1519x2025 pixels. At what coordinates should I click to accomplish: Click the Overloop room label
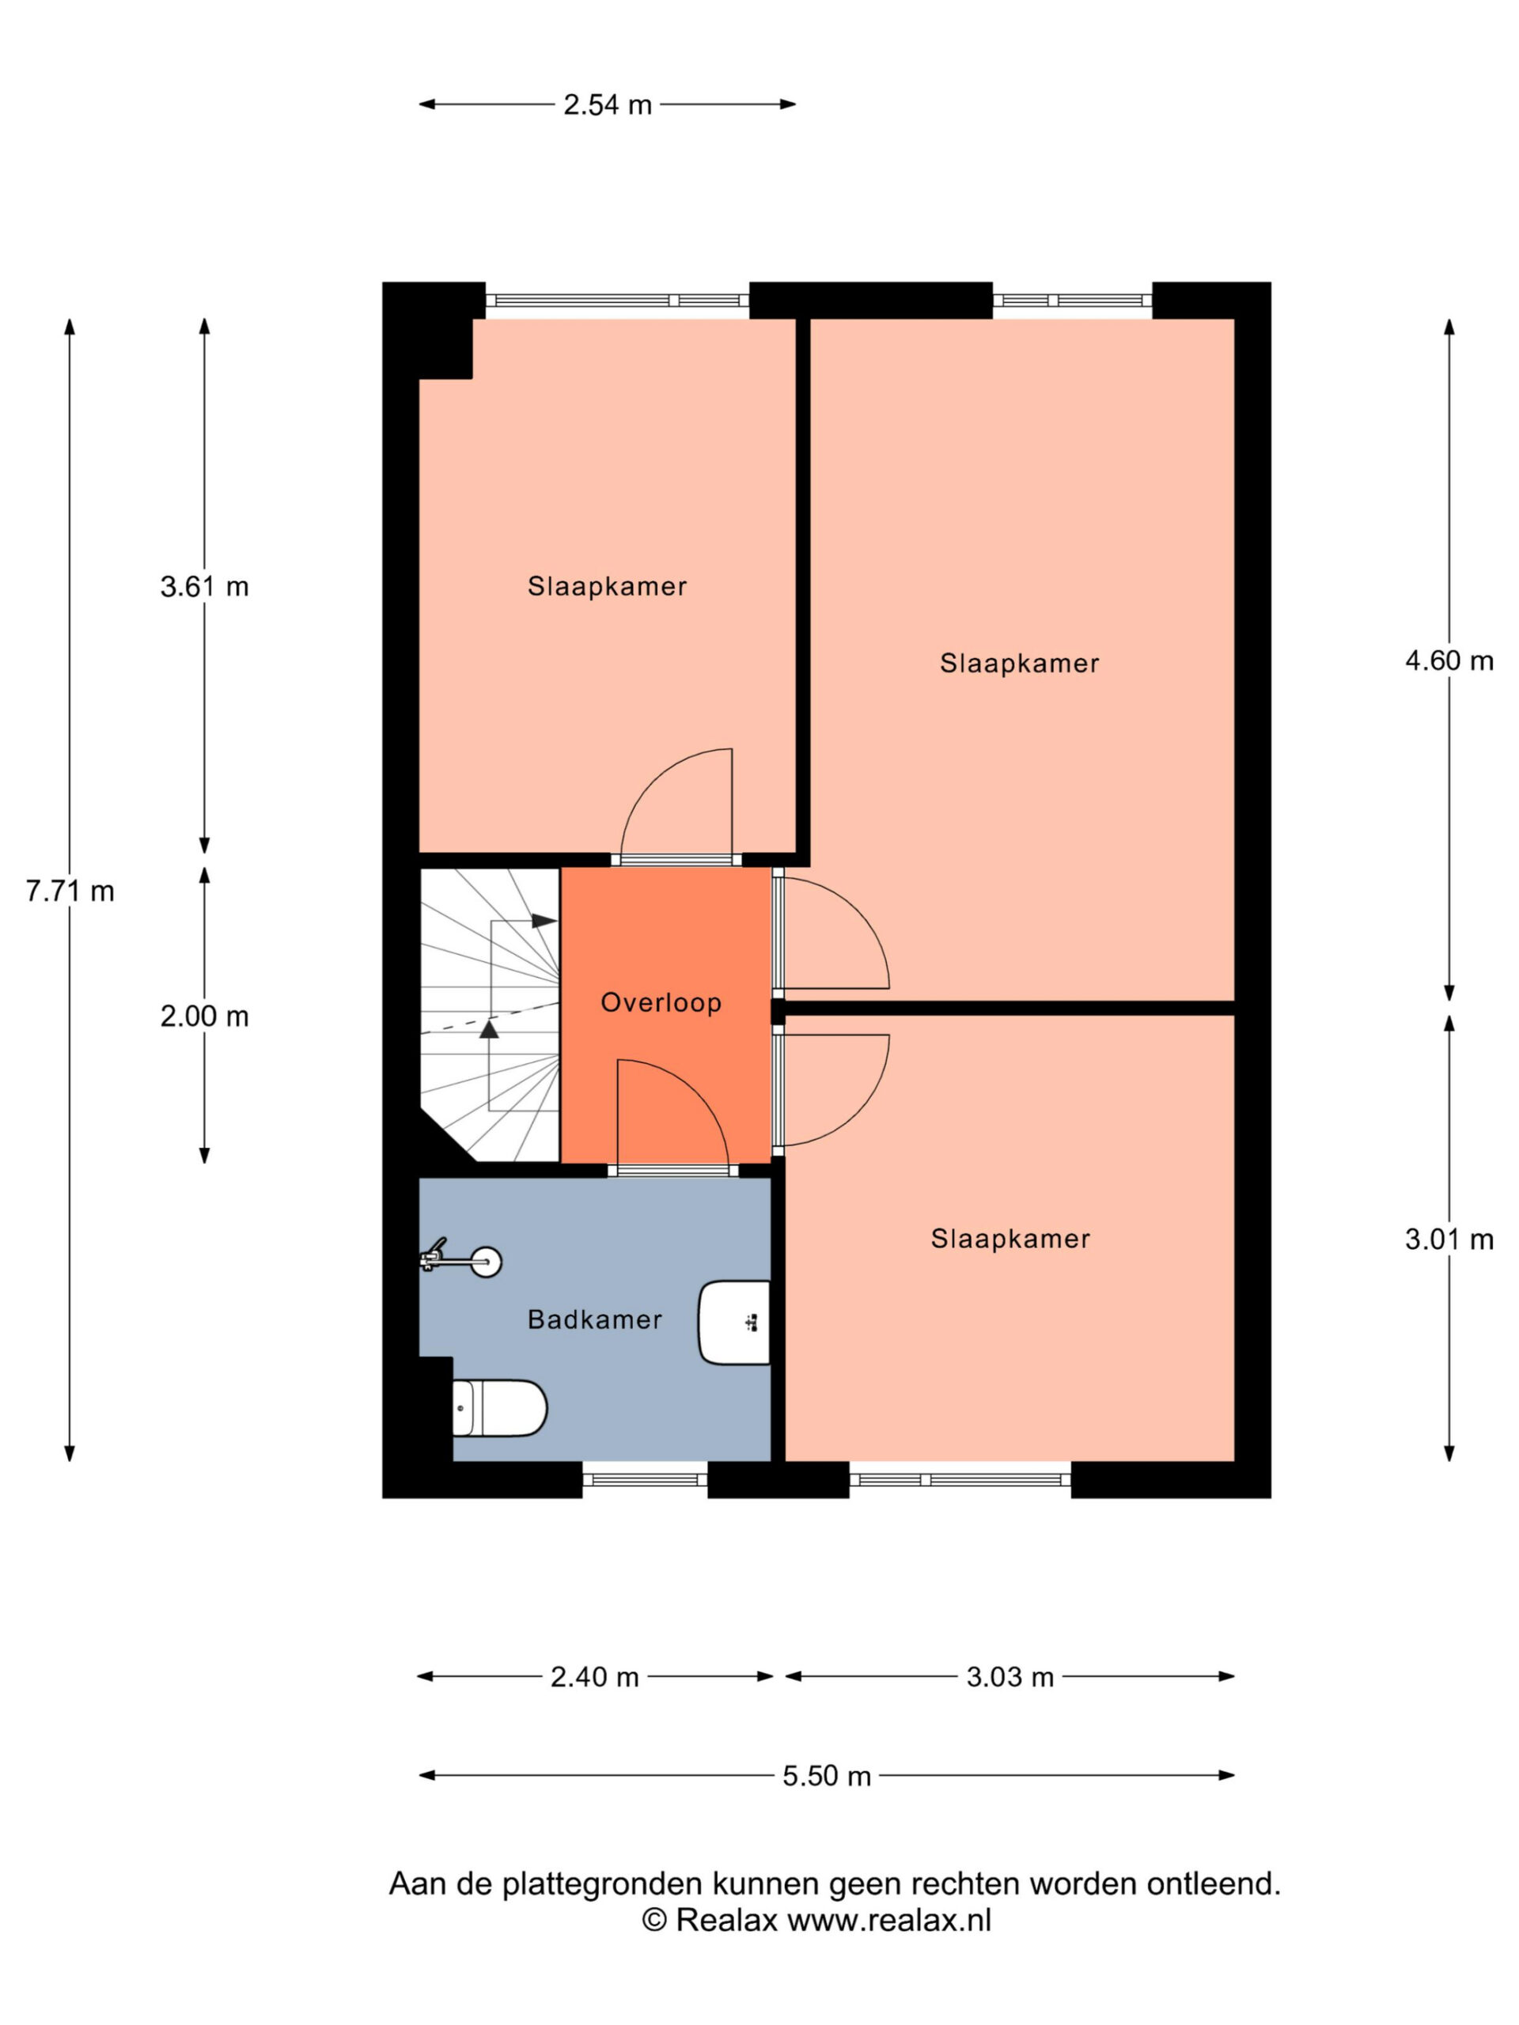[x=660, y=1002]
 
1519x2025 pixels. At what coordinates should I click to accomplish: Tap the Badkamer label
[x=594, y=1319]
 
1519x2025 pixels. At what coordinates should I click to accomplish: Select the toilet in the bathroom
[x=500, y=1407]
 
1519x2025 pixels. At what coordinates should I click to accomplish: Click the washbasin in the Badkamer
[x=734, y=1322]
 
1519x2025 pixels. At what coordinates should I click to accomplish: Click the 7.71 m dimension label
[x=70, y=891]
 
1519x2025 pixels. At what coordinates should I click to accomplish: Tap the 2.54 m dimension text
[x=607, y=105]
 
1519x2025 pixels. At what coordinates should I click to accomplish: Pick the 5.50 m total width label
[x=826, y=1776]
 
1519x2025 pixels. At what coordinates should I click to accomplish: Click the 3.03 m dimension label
[x=1010, y=1677]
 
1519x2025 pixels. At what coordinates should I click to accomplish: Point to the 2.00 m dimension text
[x=204, y=1016]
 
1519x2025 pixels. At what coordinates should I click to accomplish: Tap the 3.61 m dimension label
[x=204, y=586]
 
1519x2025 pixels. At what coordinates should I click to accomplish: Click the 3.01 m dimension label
[x=1449, y=1240]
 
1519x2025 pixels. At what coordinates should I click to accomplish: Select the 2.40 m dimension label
[x=594, y=1677]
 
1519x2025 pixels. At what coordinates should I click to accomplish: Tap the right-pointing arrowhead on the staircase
[x=544, y=921]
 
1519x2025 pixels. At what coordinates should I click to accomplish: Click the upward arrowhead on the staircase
[x=489, y=1030]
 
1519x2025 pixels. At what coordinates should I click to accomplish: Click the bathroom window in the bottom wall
[x=645, y=1479]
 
